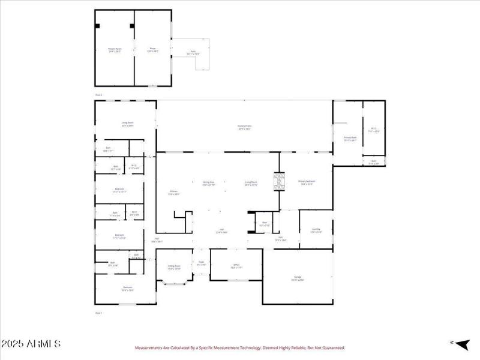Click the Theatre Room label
tap(115, 49)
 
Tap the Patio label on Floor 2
tap(193, 52)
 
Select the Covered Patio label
tap(245, 127)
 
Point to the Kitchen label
tap(173, 193)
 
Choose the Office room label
tap(236, 266)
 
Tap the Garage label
tap(298, 278)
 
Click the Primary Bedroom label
tap(307, 182)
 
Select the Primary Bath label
tap(350, 139)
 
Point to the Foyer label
tap(202, 263)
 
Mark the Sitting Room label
tap(174, 268)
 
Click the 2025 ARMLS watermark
tap(31, 344)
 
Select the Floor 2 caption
tap(99, 95)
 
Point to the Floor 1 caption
tap(99, 313)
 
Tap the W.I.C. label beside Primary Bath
tap(373, 129)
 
